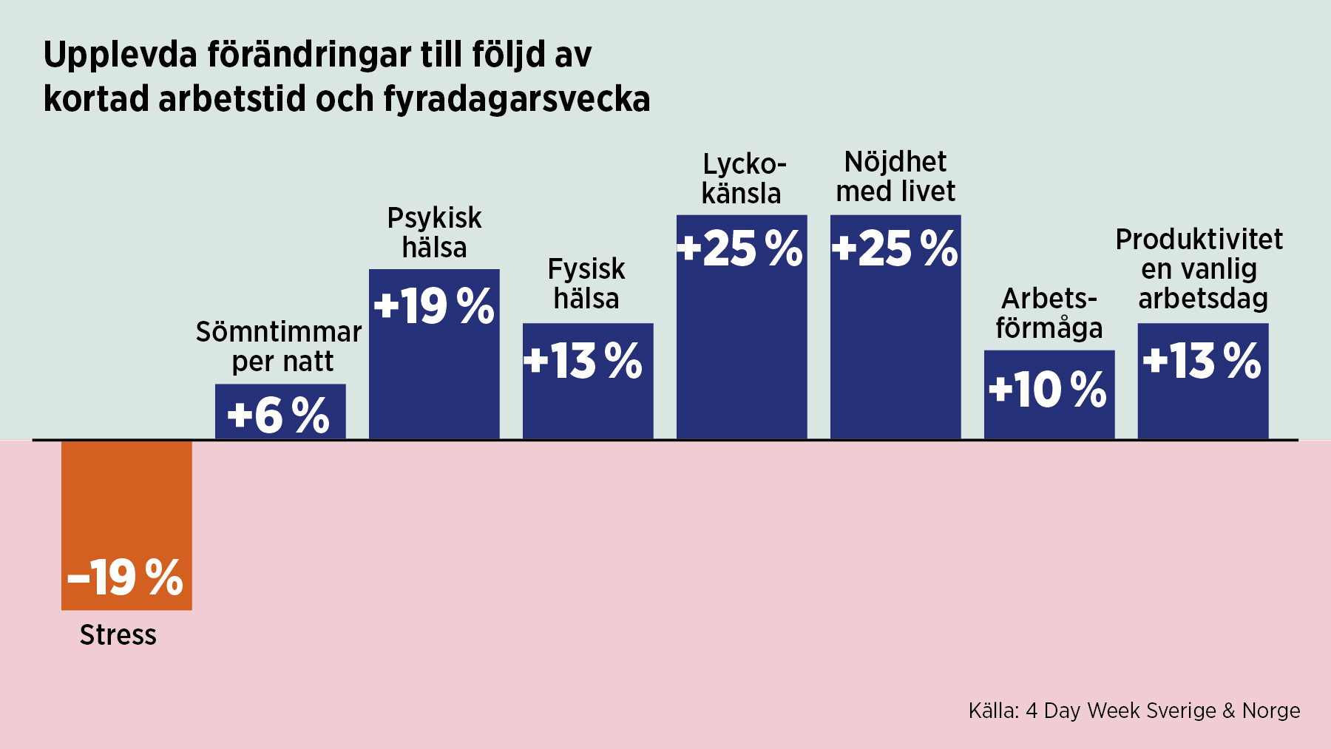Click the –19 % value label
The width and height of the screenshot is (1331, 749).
point(126,577)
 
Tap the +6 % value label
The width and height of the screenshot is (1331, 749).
point(279,416)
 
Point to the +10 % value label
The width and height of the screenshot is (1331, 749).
point(1048,390)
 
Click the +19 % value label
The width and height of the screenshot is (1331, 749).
point(434,306)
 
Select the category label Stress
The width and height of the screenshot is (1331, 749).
point(118,635)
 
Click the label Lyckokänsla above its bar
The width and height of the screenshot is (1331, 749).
point(742,179)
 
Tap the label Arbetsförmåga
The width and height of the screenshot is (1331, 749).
point(1049,314)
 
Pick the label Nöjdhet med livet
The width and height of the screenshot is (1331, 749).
point(895,177)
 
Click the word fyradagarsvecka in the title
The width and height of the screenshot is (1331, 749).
point(517,99)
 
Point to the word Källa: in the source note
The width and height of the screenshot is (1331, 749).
point(993,711)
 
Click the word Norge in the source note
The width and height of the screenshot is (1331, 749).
point(1271,711)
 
